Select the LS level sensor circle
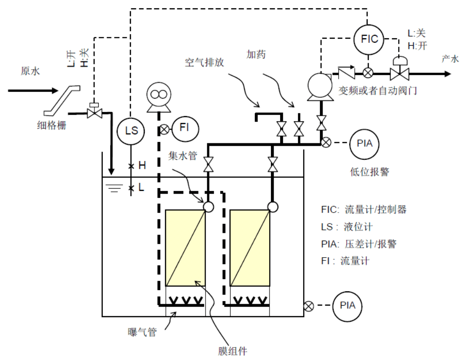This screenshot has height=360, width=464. pos(131,130)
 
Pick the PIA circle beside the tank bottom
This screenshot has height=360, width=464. pos(348,305)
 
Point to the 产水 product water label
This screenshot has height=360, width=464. pos(450,59)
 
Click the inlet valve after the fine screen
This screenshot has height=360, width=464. pos(95,112)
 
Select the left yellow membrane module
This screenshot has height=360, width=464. pos(185,248)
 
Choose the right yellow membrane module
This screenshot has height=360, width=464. pos(250,248)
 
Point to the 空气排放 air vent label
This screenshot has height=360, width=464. pos(204,62)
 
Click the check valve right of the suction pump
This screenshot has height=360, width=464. pos(346,72)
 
